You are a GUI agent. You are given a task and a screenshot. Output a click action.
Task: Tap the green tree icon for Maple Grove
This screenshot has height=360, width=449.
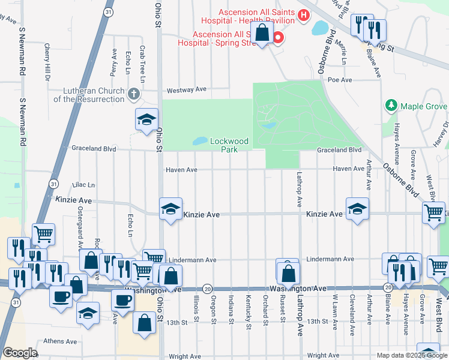(x=391, y=106)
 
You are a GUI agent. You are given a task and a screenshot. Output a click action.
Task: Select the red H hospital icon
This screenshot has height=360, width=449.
(x=304, y=15)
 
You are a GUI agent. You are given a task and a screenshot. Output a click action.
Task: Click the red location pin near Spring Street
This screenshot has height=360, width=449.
(x=277, y=38)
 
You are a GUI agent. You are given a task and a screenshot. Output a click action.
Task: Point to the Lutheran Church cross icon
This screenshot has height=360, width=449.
(x=133, y=93)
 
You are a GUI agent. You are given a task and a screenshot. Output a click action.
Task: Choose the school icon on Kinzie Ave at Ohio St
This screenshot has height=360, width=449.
(x=171, y=209)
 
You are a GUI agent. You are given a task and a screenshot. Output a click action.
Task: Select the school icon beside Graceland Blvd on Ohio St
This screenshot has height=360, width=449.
(x=146, y=119)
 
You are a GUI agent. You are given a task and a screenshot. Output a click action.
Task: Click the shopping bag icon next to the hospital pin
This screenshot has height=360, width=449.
(x=262, y=33)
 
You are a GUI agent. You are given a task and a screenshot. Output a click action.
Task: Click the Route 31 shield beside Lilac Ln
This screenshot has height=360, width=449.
(x=54, y=183)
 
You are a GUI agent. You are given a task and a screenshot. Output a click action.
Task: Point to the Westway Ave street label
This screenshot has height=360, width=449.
(x=186, y=89)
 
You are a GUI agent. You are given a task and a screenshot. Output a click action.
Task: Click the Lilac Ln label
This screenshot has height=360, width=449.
(x=83, y=185)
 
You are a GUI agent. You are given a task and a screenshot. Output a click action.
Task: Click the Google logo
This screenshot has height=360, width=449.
(x=20, y=353)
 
